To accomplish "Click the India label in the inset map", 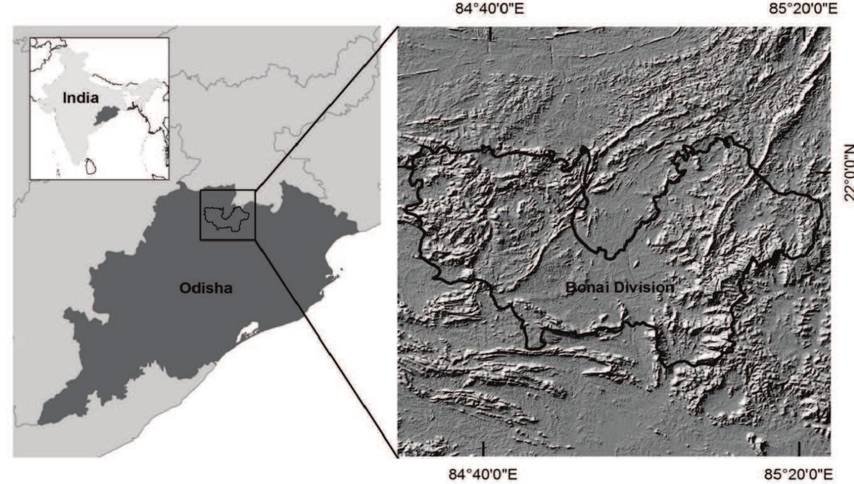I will (x=80, y=98).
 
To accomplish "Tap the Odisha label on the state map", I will (x=206, y=288).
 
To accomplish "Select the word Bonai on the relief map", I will (x=586, y=288).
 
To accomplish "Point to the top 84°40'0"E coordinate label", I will (x=489, y=8).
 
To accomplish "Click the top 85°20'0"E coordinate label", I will (x=803, y=8).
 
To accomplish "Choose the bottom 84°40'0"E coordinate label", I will (x=483, y=474).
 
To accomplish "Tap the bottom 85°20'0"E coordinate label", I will (x=799, y=474).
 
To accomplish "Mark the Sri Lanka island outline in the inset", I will (x=91, y=166).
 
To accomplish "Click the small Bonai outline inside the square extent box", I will (x=227, y=218).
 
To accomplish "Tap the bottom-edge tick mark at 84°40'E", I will (x=483, y=449).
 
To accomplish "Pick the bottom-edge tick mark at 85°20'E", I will (x=799, y=449).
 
